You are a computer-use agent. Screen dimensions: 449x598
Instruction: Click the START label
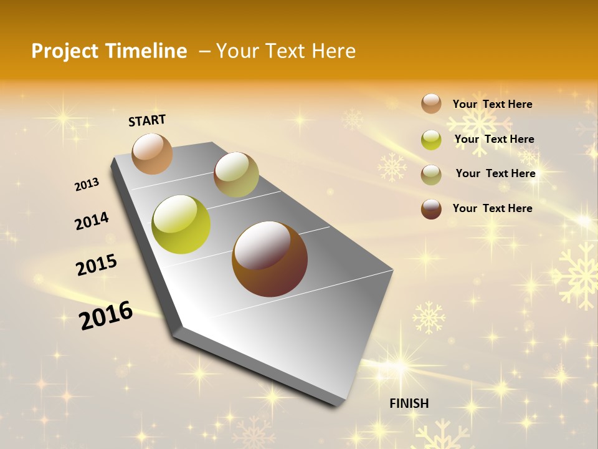point(147,120)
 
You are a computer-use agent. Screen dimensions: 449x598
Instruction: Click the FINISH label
point(409,403)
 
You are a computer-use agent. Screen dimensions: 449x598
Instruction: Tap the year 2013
point(87,185)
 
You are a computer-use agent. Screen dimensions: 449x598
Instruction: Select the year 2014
point(92,221)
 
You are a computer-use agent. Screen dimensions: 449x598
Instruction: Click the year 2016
point(106,315)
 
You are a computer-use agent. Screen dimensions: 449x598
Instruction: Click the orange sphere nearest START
point(152,153)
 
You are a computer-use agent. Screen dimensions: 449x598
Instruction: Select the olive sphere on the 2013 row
point(236,175)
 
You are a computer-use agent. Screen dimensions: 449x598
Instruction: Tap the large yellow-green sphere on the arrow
point(181,224)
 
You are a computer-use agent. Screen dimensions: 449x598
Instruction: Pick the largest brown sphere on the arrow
point(270,259)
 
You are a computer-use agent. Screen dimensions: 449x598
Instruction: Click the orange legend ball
point(431,104)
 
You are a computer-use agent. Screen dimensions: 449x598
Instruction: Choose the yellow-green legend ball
point(431,140)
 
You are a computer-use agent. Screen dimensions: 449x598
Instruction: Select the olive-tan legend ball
point(431,174)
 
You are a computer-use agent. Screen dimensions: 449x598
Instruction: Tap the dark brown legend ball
point(431,208)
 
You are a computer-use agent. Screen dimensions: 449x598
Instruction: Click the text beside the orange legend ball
point(492,104)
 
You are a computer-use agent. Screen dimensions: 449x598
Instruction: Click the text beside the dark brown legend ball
point(492,208)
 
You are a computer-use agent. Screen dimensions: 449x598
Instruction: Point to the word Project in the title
point(65,51)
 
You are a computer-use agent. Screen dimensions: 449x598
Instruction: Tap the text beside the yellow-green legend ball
point(494,139)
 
